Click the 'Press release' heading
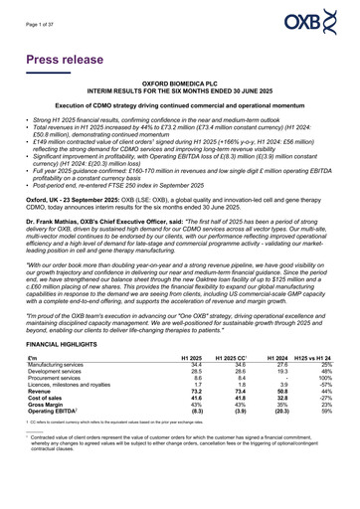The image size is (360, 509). pyautogui.click(x=75, y=61)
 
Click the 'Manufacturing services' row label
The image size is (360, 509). pyautogui.click(x=63, y=394)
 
